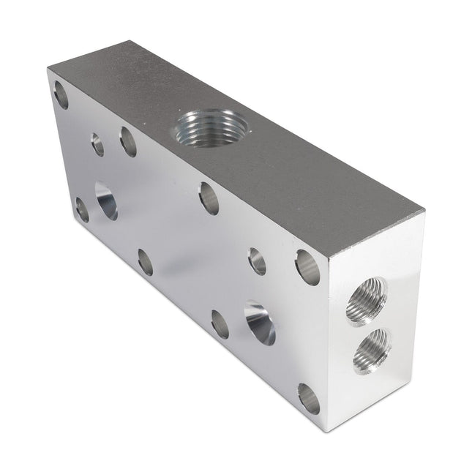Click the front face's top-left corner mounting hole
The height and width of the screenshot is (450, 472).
(x=61, y=95)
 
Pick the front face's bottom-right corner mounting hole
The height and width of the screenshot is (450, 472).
(x=309, y=399)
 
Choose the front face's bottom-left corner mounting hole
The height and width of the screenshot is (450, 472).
(x=82, y=210)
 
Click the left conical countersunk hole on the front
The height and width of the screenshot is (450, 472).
(x=105, y=200)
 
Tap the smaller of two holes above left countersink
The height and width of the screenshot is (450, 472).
(x=97, y=144)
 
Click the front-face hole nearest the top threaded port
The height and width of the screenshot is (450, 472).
(x=209, y=198)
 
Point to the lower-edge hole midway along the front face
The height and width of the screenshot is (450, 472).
(x=145, y=262)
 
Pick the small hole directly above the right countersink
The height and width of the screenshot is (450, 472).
(x=257, y=260)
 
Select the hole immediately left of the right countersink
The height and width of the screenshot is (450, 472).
(x=220, y=323)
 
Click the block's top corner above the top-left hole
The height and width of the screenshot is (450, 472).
(x=48, y=68)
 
